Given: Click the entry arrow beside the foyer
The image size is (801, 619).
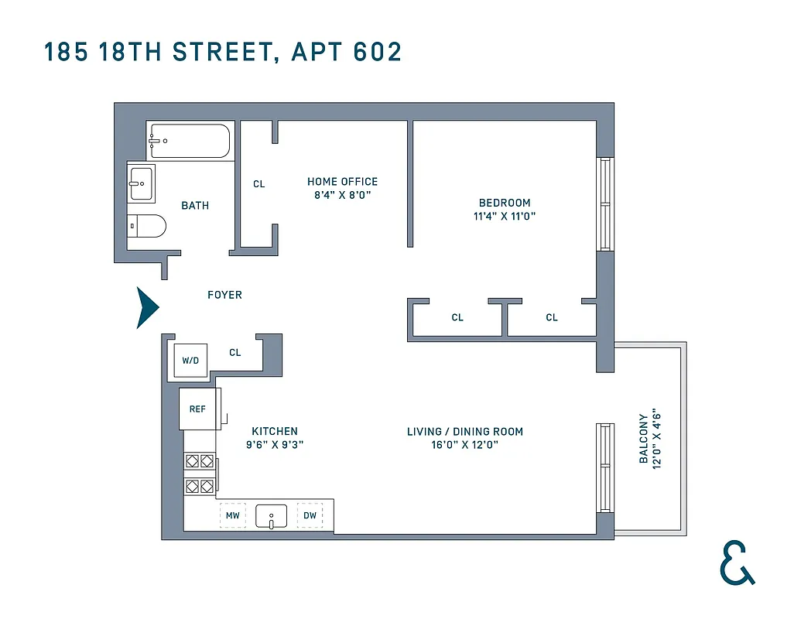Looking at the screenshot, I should click(x=147, y=308).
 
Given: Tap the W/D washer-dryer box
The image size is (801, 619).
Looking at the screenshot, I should click(x=190, y=361).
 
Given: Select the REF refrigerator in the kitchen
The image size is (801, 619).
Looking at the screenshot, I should click(x=198, y=409).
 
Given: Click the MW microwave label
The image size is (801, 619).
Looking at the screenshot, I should click(x=232, y=515).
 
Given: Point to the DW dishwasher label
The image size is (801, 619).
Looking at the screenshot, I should click(x=310, y=515).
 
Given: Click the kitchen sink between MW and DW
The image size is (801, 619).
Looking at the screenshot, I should click(x=271, y=515).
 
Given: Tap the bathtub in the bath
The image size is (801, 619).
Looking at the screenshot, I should click(x=190, y=141).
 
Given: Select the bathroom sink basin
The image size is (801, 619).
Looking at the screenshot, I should click(x=142, y=183).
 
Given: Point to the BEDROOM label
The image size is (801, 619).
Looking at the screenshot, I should click(x=505, y=203).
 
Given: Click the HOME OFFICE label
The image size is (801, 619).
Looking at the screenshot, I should click(x=342, y=182).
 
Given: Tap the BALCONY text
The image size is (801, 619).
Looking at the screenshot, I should click(x=644, y=439).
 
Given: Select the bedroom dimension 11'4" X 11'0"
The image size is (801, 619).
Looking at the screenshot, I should click(x=505, y=217).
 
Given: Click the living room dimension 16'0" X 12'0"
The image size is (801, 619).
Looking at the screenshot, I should click(x=465, y=445).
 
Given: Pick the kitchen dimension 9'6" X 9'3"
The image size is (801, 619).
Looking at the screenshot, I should click(x=275, y=445).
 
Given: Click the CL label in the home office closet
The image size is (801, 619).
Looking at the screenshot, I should click(x=259, y=184).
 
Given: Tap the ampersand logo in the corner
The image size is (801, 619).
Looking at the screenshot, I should click(x=736, y=563).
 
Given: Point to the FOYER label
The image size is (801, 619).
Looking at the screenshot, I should click(x=224, y=295).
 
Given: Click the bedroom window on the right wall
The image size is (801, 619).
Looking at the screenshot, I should click(x=604, y=203).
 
